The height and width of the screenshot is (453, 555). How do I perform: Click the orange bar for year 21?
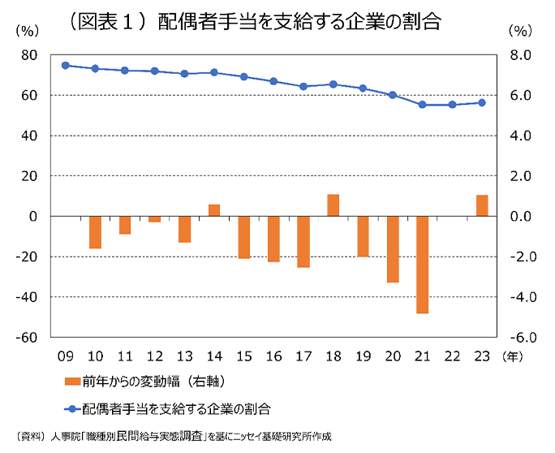pos(422,265)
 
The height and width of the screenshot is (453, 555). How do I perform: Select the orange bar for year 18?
pos(333,205)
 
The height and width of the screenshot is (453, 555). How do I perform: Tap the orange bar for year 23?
pos(482,206)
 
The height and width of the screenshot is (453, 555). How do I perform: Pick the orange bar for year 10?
pos(95,232)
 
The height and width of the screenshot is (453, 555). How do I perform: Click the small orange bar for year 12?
pos(154,219)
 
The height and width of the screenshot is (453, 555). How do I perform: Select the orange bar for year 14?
pos(214,210)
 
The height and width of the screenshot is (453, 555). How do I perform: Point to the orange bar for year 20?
pos(393,249)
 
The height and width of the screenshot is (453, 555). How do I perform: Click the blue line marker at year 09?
pos(65,65)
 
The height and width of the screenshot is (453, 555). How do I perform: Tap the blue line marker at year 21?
pos(422,105)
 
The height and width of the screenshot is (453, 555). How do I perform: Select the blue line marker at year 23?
pos(482,102)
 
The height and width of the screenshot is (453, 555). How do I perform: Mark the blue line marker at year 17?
pos(303,86)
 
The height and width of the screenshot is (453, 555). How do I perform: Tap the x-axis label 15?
pos(243,356)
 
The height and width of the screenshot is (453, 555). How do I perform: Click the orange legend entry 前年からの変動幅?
pos(142,381)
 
